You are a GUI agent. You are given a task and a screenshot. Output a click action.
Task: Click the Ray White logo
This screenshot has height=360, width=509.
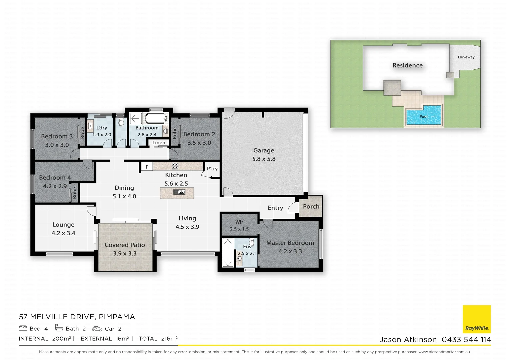click(477, 319)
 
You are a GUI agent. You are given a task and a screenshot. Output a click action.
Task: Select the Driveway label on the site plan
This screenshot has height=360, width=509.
click(466, 57)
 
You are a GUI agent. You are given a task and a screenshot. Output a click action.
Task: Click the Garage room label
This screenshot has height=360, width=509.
click(264, 150)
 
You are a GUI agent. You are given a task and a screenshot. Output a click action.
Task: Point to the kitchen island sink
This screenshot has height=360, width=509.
click(179, 192)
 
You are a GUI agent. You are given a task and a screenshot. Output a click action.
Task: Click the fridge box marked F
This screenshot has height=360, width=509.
click(147, 167)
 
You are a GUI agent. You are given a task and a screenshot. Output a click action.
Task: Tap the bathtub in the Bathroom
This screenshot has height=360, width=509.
click(155, 118)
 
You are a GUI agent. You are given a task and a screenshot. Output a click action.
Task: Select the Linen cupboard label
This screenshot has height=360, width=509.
click(159, 142)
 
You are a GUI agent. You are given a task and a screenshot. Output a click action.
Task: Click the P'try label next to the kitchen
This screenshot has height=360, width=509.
click(212, 168)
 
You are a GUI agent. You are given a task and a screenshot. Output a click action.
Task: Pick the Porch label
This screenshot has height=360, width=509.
click(311, 206)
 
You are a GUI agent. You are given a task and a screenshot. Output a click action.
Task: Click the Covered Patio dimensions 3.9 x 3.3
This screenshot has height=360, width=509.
click(125, 253)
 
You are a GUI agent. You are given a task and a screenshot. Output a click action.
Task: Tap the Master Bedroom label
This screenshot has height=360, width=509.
click(290, 243)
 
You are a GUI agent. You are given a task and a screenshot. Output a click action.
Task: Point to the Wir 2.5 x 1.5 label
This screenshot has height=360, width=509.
click(239, 225)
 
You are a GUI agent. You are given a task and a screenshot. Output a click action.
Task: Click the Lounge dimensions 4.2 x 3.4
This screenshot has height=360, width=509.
click(63, 233)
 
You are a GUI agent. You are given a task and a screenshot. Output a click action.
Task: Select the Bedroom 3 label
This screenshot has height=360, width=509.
click(57, 136)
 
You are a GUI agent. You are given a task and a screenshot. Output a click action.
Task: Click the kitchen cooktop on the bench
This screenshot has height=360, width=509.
click(175, 166)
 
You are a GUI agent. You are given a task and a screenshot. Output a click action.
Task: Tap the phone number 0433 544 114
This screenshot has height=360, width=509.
click(466, 339)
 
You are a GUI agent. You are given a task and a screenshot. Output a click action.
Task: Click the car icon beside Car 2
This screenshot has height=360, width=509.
click(97, 329)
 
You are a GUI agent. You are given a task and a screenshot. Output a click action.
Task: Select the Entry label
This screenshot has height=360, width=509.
click(275, 208)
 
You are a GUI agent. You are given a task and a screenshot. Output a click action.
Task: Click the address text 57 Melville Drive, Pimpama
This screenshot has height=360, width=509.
click(77, 317)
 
